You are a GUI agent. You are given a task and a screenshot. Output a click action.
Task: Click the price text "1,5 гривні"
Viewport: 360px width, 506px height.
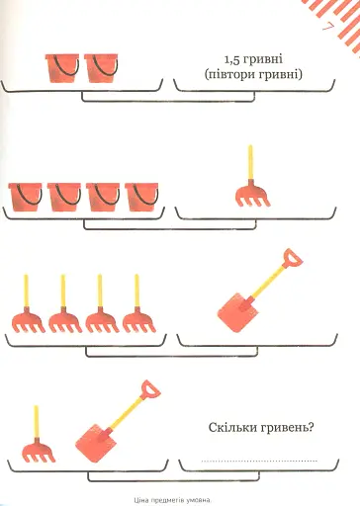click(253, 59)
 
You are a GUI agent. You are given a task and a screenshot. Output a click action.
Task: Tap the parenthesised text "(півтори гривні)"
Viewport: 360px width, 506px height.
click(253, 75)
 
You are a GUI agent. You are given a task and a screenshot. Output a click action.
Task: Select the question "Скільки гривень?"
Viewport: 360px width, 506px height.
click(261, 428)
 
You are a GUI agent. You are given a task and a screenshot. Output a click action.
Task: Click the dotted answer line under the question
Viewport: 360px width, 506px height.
click(259, 461)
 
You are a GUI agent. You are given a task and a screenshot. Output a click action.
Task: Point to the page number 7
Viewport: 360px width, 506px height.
click(327, 28)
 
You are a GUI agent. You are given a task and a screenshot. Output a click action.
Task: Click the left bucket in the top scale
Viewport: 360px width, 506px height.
click(62, 68)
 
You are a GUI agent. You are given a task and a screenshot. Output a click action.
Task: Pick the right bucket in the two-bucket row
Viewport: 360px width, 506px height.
click(101, 68)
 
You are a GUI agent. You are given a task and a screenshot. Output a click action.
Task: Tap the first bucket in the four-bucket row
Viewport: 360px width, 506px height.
click(25, 197)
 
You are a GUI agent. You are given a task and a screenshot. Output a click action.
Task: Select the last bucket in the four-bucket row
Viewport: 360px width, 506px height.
click(141, 197)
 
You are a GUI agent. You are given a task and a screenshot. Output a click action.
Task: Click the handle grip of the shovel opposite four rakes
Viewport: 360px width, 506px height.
click(292, 258)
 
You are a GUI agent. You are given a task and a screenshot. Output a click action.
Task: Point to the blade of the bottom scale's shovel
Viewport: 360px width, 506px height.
click(94, 444)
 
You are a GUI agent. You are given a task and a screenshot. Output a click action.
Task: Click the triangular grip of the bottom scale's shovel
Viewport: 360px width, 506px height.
click(150, 389)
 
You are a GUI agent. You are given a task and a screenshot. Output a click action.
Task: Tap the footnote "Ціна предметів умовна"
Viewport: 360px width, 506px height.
click(172, 501)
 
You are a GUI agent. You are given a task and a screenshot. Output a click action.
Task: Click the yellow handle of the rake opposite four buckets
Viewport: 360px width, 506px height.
click(250, 162)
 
